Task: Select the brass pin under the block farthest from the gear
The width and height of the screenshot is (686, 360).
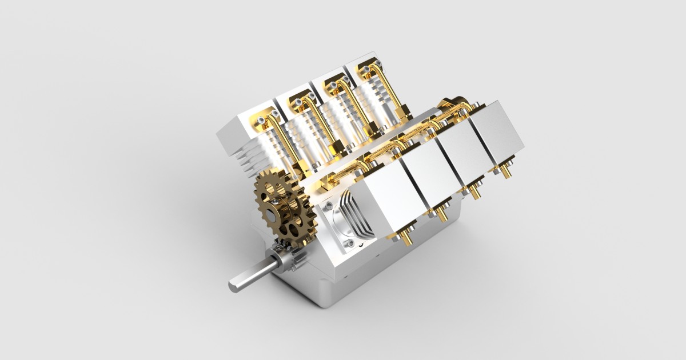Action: pos(505,170)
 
